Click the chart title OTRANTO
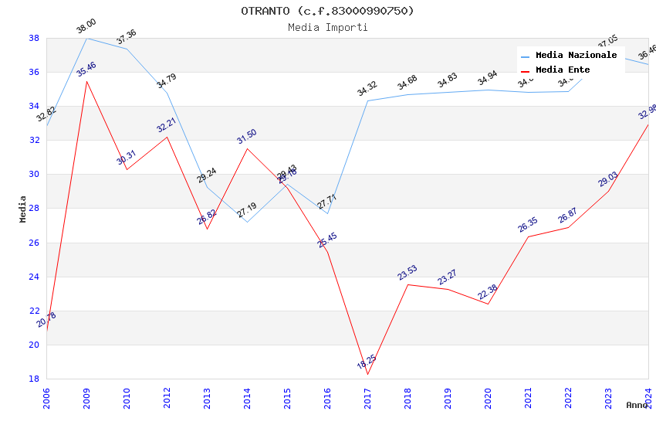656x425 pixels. pos(327,11)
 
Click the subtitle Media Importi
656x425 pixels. pos(327,27)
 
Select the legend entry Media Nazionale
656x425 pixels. pos(576,56)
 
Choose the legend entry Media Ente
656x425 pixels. pos(563,70)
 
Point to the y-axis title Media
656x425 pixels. pos(23,209)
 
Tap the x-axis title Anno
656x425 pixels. pos(637,405)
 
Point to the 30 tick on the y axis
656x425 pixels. pos(34,174)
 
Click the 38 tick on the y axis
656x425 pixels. pos(34,38)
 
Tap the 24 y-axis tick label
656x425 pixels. pos(34,277)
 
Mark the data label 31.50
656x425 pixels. pos(247,137)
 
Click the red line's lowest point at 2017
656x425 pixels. pos(367,374)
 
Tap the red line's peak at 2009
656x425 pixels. pos(86,81)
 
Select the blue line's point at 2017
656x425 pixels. pos(367,100)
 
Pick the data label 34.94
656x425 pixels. pos(487,79)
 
